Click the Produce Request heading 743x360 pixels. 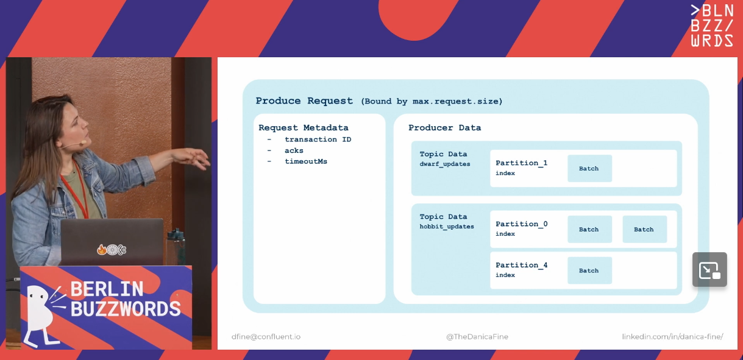point(304,101)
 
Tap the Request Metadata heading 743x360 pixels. point(304,128)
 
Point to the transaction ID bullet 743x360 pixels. point(318,139)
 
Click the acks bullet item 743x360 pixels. point(294,150)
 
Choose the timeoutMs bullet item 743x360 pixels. point(306,161)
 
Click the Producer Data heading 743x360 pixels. point(444,128)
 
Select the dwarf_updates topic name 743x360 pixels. point(445,164)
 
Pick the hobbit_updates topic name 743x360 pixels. point(447,227)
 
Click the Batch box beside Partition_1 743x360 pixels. point(589,168)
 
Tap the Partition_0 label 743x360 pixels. point(521,224)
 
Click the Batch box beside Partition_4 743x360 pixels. point(589,270)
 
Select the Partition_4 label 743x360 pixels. point(521,265)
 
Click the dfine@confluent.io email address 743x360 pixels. point(266,337)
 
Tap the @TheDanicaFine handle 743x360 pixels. point(477,337)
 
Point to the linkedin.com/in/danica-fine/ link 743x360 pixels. point(673,337)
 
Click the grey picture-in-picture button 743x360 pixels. point(709,269)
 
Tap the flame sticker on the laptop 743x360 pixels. point(102,249)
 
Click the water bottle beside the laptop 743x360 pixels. point(176,246)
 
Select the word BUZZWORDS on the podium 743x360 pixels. point(126,309)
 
